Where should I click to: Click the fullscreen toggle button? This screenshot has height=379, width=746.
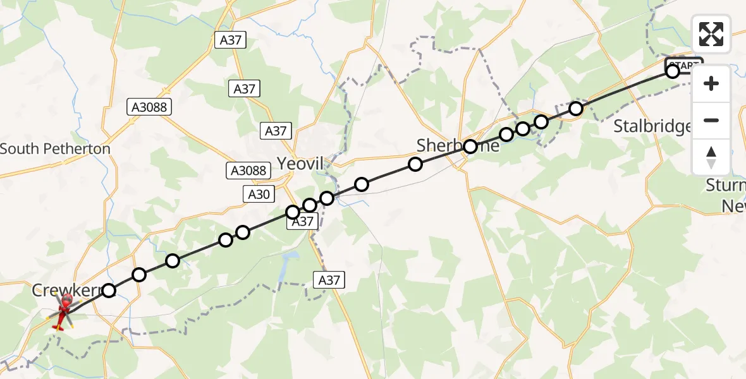(x=711, y=34)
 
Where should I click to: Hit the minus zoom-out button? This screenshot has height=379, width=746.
(x=711, y=120)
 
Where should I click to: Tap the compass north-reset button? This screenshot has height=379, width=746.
(x=711, y=157)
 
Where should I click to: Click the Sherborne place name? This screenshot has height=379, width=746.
(x=458, y=146)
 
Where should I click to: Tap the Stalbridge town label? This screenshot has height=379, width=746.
(x=652, y=126)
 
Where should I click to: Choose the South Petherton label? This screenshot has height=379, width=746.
(x=56, y=149)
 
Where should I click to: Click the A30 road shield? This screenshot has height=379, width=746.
(x=259, y=195)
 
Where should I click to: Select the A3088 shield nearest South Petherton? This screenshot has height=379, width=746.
(x=150, y=107)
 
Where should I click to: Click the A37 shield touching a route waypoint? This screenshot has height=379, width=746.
(x=302, y=222)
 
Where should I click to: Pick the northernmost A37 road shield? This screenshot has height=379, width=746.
(x=231, y=40)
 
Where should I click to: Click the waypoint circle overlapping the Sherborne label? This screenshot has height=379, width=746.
(x=470, y=147)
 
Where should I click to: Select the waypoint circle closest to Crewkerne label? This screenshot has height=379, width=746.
(x=109, y=291)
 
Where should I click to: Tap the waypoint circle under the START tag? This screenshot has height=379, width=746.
(x=673, y=72)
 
